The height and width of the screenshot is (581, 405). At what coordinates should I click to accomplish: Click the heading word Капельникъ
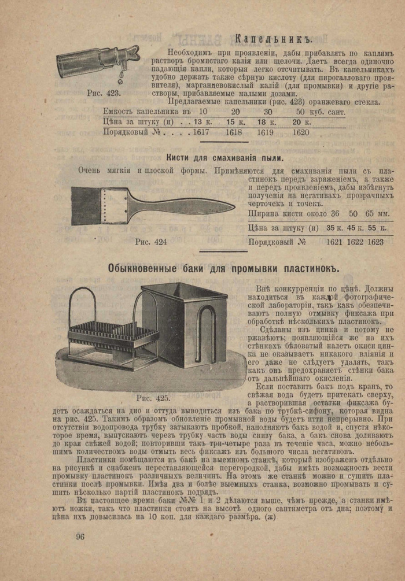[x=274, y=39]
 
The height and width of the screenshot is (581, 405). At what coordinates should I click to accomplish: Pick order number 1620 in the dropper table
[x=301, y=132]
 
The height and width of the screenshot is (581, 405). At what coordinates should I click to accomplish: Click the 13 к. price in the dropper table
[x=203, y=121]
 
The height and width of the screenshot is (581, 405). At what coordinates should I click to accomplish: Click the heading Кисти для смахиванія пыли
[x=224, y=157]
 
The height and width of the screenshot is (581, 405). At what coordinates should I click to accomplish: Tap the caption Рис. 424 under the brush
[x=150, y=242]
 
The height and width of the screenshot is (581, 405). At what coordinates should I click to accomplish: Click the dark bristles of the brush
[x=86, y=205]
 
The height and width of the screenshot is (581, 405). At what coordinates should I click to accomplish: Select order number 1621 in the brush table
[x=336, y=242]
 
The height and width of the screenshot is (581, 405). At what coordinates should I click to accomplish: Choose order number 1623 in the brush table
[x=374, y=242]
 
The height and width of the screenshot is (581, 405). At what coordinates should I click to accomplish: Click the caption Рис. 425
[x=153, y=398]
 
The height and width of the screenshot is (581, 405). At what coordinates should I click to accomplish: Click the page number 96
[x=80, y=536]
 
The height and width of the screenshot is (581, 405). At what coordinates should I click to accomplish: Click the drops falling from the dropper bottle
[x=120, y=79]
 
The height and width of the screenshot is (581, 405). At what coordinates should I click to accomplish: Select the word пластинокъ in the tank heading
[x=310, y=268]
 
